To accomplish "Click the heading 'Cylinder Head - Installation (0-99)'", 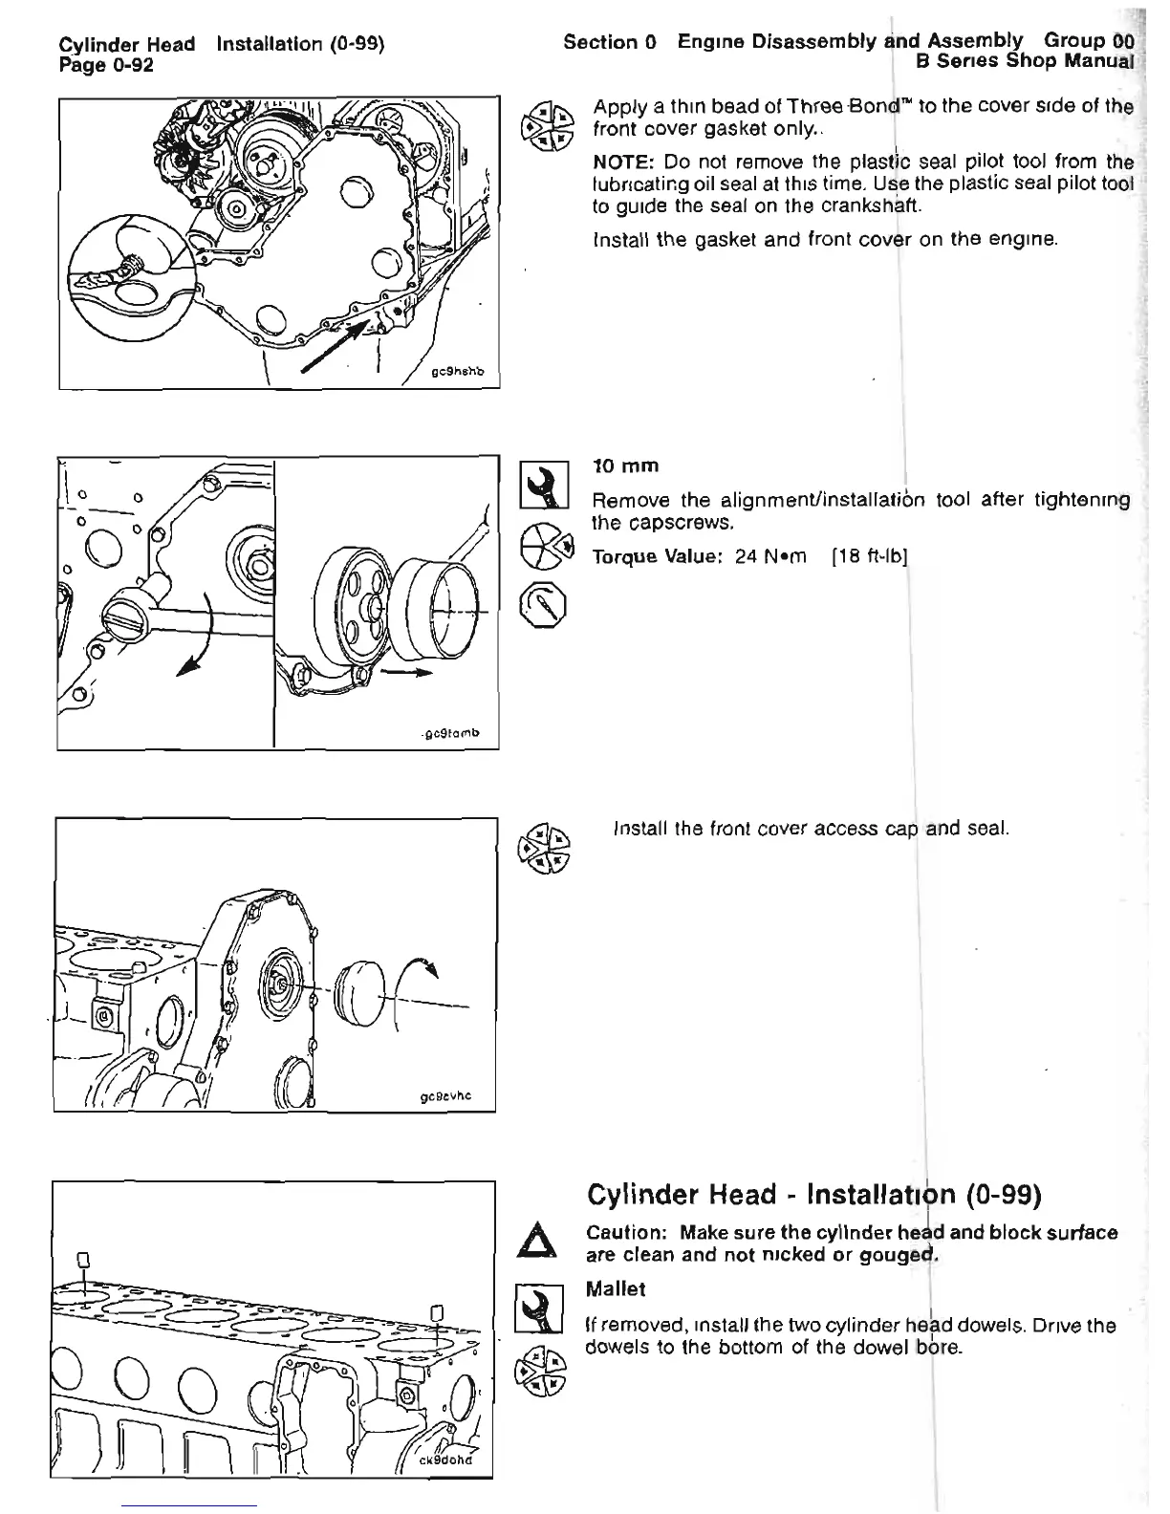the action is coord(813,1195).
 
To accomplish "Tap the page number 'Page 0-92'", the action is coord(106,64).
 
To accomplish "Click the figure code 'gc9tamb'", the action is coord(451,734).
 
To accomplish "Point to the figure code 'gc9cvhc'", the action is coord(445,1097).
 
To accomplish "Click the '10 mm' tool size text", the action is coord(626,466).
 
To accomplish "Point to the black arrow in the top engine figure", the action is coord(335,346).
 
